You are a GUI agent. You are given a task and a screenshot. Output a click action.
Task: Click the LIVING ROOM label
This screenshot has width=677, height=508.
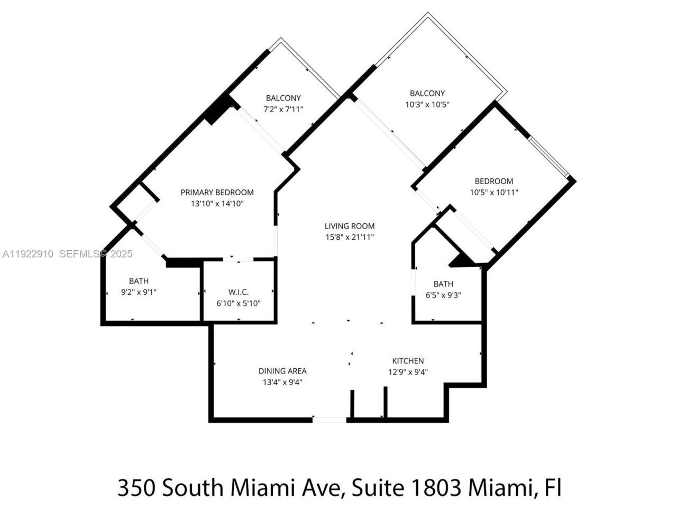coord(350,226)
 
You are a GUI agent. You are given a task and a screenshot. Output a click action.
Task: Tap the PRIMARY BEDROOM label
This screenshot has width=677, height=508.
coord(217,192)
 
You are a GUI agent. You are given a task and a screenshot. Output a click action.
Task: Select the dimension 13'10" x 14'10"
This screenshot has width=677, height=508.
coord(217,203)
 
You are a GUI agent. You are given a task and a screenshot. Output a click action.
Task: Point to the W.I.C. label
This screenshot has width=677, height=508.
coord(239,292)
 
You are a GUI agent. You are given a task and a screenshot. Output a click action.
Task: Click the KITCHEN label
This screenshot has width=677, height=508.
coord(408,361)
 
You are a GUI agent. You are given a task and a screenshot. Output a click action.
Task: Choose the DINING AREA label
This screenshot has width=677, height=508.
coord(282,371)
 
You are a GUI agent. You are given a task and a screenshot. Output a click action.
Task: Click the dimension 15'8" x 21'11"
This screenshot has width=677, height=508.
coord(350,237)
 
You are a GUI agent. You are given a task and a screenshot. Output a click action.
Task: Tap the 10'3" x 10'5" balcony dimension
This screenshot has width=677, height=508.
coord(427,105)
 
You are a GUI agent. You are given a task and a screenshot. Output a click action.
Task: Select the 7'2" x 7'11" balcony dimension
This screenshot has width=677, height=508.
coord(283,109)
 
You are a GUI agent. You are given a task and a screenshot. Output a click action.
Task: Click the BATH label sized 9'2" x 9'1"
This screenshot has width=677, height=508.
coord(139,281)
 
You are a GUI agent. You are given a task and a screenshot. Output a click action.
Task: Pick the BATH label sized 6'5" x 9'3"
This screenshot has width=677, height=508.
coord(443,284)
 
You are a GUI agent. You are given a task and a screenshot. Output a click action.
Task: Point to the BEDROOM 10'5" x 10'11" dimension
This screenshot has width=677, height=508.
coord(494,193)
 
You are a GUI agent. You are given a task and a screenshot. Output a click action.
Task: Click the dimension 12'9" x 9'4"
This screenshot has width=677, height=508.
coord(408,372)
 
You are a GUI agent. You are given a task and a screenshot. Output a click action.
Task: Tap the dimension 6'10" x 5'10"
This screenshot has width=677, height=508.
coord(239,303)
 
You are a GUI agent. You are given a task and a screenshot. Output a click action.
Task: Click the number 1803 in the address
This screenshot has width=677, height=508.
coord(432,487)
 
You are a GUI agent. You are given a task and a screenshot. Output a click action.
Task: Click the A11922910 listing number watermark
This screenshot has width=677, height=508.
coord(28,254)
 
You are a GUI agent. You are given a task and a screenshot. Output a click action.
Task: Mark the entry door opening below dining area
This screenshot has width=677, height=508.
coord(329,420)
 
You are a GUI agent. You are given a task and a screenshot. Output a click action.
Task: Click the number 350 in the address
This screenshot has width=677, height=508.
coord(136,487)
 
